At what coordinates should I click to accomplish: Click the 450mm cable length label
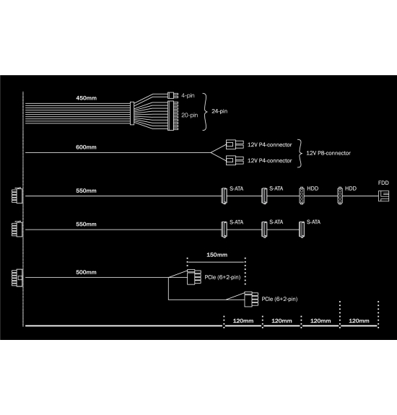click(87, 98)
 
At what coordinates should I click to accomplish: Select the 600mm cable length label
click(86, 147)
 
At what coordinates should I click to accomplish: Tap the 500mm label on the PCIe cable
click(86, 272)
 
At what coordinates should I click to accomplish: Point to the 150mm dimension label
click(217, 255)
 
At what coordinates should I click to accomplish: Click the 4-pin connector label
click(188, 95)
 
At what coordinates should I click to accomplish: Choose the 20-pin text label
click(190, 115)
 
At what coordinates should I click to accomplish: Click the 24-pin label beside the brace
click(219, 111)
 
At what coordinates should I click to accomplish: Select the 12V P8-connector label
click(328, 153)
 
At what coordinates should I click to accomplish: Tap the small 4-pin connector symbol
click(173, 95)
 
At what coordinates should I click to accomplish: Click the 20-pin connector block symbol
click(173, 115)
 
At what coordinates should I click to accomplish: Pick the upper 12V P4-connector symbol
click(235, 144)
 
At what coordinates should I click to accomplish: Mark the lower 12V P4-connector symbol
click(235, 160)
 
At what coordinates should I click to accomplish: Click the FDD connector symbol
click(383, 196)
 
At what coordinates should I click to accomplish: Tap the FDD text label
click(383, 183)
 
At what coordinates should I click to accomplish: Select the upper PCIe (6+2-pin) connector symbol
click(194, 277)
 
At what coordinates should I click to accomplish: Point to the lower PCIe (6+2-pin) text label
click(279, 299)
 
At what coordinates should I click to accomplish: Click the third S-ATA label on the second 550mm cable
click(313, 222)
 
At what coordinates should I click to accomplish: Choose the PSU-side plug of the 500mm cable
click(17, 277)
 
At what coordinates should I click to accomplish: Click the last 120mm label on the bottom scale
click(359, 320)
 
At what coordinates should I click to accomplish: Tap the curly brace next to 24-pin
click(204, 112)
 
